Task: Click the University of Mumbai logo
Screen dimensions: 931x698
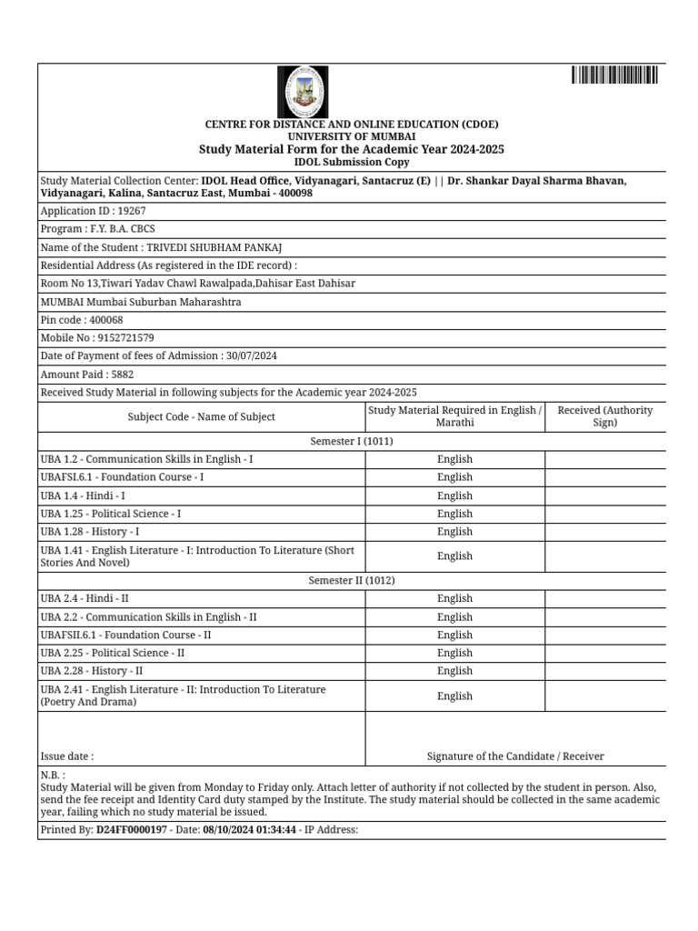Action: (x=302, y=91)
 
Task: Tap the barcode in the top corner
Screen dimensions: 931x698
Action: (x=614, y=75)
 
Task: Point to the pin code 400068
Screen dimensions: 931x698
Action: (x=105, y=320)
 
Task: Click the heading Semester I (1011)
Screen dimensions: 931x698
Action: (x=352, y=441)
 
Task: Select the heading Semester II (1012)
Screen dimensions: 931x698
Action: (x=352, y=580)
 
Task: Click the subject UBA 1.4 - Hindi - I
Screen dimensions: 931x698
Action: (x=84, y=496)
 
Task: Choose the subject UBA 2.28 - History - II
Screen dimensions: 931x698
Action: (x=92, y=671)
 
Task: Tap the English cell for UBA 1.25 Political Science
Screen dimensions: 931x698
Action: (x=454, y=514)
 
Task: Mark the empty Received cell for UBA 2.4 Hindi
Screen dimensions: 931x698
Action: (x=604, y=598)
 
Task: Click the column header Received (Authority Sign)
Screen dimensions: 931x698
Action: (x=604, y=416)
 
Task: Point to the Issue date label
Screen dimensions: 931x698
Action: (x=67, y=756)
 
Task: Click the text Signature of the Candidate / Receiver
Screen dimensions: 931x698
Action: (x=515, y=756)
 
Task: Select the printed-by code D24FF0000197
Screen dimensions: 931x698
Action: (x=131, y=830)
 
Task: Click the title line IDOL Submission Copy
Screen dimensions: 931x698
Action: (x=351, y=162)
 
